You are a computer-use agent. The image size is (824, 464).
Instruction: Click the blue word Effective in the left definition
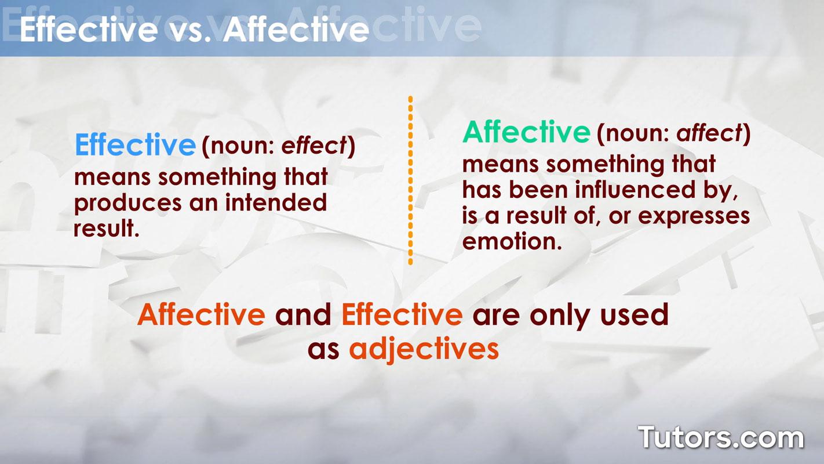[135, 145]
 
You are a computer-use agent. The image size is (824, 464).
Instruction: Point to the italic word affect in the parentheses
[709, 133]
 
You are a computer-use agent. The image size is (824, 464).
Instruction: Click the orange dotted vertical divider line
[410, 180]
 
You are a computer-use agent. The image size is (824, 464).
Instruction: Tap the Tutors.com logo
[721, 437]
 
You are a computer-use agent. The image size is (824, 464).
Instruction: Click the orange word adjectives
[424, 349]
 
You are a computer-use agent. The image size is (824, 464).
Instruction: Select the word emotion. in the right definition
[512, 242]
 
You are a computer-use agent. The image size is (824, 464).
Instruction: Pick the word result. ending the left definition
[107, 229]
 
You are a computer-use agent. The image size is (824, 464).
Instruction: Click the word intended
[276, 202]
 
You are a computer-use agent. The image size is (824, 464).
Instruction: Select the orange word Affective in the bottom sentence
[201, 314]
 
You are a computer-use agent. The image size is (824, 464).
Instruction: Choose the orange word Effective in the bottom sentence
[402, 314]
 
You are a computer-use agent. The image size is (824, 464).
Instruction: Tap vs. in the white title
[191, 30]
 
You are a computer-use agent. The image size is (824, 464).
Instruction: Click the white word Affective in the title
[296, 29]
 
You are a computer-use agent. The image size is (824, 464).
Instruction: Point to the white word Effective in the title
[89, 29]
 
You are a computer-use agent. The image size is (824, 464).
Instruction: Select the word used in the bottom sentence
[634, 314]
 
